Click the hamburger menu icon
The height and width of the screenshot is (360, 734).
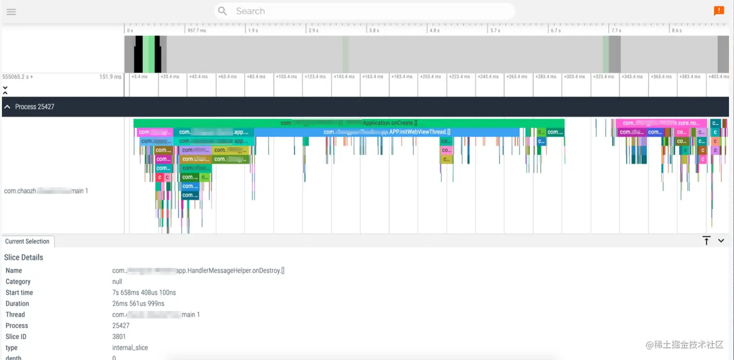coord(11,12)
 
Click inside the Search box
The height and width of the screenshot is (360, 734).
coord(364,11)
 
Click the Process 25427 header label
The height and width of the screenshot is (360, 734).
coord(34,107)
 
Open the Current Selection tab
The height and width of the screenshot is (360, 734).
coord(27,242)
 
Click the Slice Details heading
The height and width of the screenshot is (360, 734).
coord(24,258)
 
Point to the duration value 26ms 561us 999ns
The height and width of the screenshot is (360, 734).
coord(138,304)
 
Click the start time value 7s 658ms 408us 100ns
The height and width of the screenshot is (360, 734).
coord(144,293)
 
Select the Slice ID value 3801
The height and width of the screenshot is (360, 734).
coord(119,337)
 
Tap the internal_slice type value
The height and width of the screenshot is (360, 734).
coord(130,348)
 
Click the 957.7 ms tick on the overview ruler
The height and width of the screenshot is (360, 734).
coord(196,31)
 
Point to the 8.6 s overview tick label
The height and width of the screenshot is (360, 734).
coord(676,31)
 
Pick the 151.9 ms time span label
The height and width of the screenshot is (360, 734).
coord(110,77)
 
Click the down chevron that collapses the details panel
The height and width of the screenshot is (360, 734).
coord(721,241)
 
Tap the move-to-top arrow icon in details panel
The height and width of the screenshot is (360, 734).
coord(706,241)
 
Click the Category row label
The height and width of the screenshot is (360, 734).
coord(18,281)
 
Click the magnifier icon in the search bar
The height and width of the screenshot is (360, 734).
coord(222,11)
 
